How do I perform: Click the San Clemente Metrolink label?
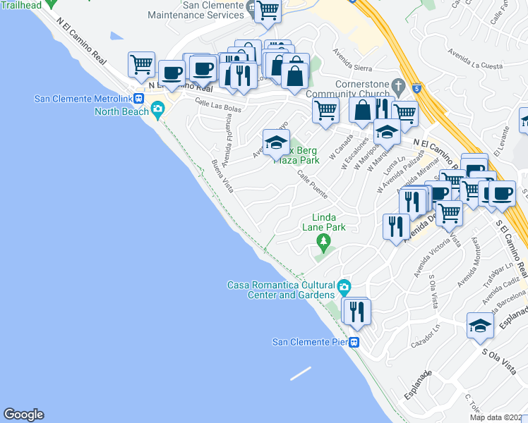tap(84, 98)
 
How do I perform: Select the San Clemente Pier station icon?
tap(355, 343)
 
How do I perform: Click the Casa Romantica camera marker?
tap(344, 286)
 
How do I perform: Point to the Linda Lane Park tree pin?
tap(324, 243)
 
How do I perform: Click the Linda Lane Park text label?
tap(324, 222)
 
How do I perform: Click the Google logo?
tap(23, 415)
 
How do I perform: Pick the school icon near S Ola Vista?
tap(480, 326)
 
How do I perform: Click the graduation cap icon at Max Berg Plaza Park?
tap(276, 142)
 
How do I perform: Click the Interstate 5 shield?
tap(417, 90)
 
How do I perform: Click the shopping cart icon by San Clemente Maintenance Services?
tap(268, 11)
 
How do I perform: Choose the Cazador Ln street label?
tap(426, 336)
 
